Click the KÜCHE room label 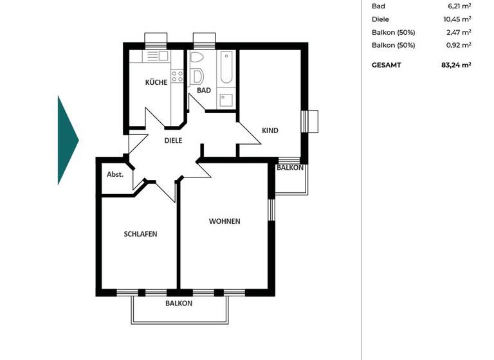(156, 82)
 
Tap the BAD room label (204, 91)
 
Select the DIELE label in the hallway (173, 140)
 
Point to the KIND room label (270, 130)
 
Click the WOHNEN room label (224, 221)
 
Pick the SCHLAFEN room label (140, 234)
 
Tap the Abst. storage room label (115, 174)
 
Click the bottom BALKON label (179, 303)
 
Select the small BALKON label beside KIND (290, 168)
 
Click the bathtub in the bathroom (226, 70)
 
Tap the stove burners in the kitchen (178, 77)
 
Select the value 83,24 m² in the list (456, 65)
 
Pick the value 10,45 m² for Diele (459, 19)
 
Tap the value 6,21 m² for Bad (460, 6)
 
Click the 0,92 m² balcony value (460, 45)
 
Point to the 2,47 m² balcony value (460, 32)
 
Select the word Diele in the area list (381, 19)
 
